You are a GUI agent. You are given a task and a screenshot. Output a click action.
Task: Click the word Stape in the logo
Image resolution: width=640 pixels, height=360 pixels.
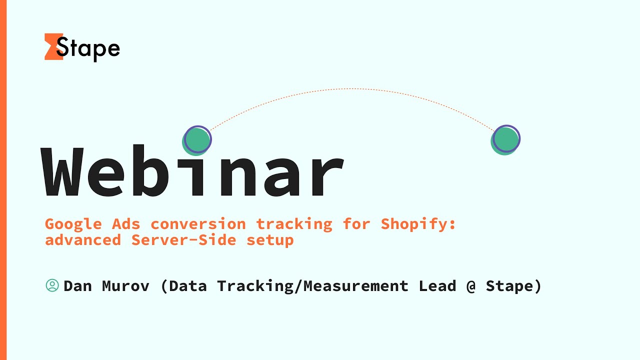[x=88, y=48]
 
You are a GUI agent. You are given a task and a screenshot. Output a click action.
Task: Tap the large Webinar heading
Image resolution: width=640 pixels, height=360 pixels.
[x=193, y=172]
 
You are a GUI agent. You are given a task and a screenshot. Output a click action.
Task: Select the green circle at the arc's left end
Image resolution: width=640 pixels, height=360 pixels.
[x=196, y=140]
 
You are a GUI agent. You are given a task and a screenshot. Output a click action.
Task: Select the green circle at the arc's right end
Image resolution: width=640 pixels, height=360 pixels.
[x=505, y=140]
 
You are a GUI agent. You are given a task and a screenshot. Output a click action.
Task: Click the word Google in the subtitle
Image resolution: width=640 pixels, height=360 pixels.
[x=73, y=224]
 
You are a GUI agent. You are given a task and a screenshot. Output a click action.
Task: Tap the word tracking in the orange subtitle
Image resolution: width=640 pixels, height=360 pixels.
[x=294, y=224]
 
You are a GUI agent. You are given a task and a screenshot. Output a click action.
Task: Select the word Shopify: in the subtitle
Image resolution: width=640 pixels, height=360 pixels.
[x=418, y=224]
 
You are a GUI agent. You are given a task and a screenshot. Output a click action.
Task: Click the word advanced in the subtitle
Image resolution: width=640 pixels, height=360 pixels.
[x=83, y=240]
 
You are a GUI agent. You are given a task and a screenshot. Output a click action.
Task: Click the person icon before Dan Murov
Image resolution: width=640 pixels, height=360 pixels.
[x=52, y=285]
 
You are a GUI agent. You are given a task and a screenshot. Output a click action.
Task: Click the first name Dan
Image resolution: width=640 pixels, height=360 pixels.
[x=78, y=286]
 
